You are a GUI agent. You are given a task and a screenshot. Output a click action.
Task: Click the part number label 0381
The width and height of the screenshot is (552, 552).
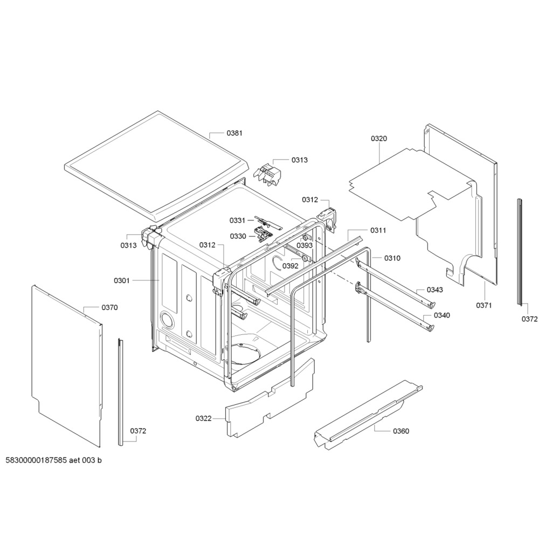point(234,133)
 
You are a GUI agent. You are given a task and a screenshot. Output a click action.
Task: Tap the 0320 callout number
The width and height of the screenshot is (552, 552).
point(379,139)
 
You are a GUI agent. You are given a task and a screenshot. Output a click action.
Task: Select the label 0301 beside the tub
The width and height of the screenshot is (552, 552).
point(122,280)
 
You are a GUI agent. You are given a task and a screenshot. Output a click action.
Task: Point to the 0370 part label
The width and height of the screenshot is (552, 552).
point(109,307)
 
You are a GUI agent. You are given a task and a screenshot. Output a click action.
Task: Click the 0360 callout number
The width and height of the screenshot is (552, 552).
point(401,431)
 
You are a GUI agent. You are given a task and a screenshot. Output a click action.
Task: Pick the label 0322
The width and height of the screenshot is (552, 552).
point(203,418)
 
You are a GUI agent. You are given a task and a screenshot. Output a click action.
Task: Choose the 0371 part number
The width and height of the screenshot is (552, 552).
point(484,305)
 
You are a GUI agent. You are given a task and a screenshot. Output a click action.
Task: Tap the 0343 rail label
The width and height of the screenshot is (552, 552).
point(435,289)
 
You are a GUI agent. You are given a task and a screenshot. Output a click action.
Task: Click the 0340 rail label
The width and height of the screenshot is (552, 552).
point(442,315)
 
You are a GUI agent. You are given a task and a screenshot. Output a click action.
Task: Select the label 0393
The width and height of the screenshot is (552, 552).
point(305,245)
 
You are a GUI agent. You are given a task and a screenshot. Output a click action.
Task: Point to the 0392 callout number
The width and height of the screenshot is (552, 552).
point(291,266)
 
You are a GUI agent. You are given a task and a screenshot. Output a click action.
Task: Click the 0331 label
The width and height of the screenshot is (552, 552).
point(237,220)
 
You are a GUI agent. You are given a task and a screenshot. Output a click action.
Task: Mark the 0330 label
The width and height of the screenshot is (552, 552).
point(238,236)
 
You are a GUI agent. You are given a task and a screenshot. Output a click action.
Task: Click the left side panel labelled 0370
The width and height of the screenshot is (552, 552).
point(67,366)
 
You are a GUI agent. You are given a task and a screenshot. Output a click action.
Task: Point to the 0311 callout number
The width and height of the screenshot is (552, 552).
point(378,230)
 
